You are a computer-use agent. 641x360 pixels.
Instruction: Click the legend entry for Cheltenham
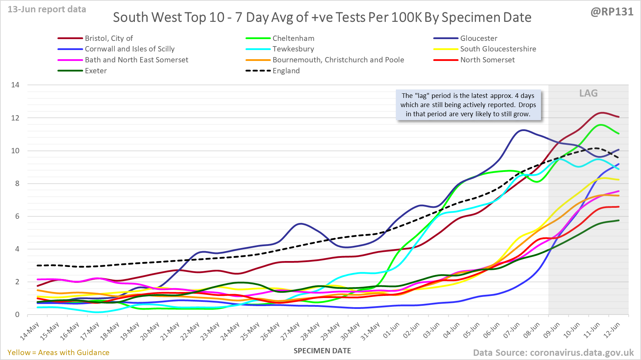coord(293,38)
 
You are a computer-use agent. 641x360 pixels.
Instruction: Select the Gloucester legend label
coord(478,38)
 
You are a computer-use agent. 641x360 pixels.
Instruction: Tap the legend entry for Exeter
coord(95,71)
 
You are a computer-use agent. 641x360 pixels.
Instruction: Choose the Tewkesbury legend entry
coord(293,49)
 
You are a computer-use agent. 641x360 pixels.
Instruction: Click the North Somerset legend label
coord(487,60)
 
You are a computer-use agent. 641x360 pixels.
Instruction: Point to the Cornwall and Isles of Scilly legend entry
coord(129,49)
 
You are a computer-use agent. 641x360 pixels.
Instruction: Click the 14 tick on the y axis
coord(15,85)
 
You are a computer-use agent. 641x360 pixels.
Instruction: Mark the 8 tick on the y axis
coord(17,184)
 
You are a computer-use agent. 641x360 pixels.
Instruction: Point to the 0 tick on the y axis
coord(17,315)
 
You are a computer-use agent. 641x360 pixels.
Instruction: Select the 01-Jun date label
coord(391,330)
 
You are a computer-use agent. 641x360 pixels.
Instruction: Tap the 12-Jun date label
coord(612,330)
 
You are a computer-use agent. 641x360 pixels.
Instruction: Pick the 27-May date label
coord(291,331)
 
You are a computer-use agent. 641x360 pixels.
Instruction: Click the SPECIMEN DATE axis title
coord(322,351)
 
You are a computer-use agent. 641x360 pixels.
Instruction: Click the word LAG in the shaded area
coord(588,93)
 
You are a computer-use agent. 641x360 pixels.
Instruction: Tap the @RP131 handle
coord(612,12)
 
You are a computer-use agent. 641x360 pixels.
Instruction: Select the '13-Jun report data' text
coord(47,10)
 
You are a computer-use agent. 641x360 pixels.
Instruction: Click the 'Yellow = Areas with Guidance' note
coord(58,353)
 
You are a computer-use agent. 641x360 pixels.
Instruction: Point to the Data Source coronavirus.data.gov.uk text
coord(553,353)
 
